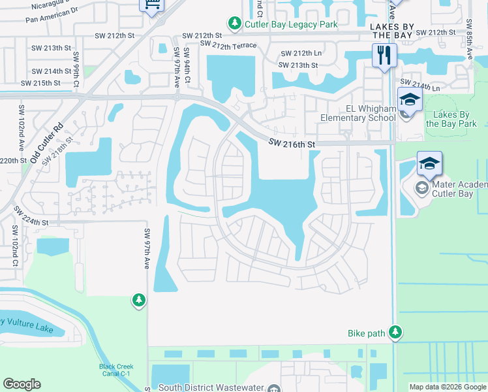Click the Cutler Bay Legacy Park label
click(x=291, y=24)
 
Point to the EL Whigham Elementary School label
click(x=358, y=113)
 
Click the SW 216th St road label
click(x=293, y=142)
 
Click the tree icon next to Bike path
click(x=395, y=333)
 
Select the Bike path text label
click(x=366, y=333)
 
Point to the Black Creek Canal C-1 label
click(x=116, y=370)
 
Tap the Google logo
click(x=22, y=384)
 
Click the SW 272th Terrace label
click(x=228, y=44)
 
